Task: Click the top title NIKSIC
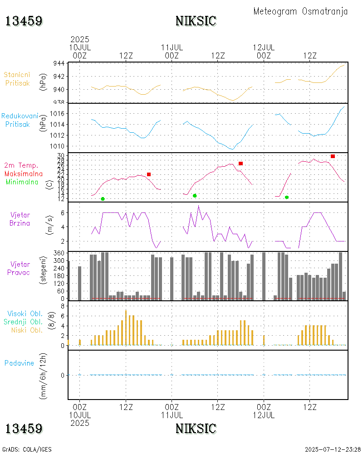196,21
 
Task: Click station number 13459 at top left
24,21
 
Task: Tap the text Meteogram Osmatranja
300,11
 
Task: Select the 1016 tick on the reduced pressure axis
57,113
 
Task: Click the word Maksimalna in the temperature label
24,173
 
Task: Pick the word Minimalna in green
22,182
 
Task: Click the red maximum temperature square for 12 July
333,156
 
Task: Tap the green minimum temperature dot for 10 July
103,199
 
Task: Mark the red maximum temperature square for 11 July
240,163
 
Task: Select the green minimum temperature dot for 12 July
287,198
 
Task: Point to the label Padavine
19,363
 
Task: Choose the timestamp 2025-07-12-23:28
333,449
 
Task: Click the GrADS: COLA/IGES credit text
27,449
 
